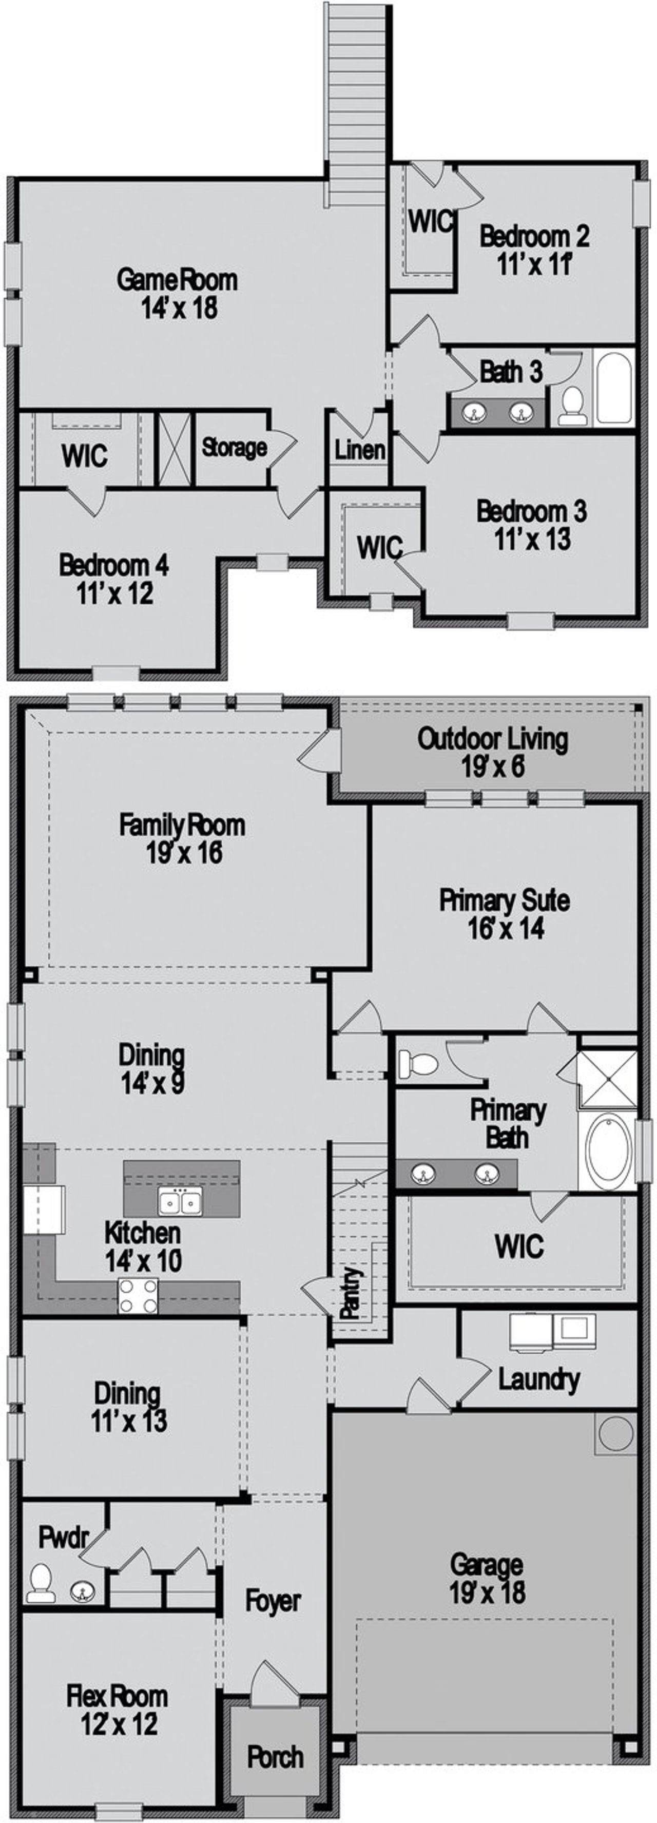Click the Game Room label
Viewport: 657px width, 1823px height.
point(177,280)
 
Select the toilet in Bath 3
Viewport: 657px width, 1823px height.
point(571,406)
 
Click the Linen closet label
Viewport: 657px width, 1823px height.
point(359,450)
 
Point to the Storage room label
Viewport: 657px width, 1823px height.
point(234,447)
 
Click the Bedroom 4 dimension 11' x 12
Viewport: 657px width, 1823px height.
point(114,593)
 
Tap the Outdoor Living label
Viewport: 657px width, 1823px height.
point(492,739)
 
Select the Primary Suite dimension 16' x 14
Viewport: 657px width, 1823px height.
point(505,928)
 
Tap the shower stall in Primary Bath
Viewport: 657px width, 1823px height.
point(607,1079)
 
